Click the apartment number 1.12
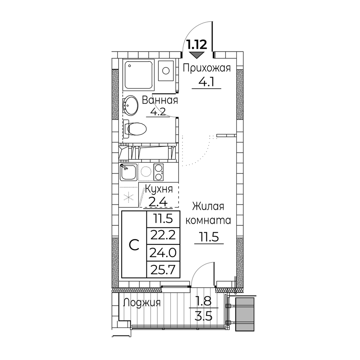197,45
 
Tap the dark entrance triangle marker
197,55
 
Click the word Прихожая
207,69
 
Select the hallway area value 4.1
206,82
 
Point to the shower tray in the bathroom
139,75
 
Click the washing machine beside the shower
166,71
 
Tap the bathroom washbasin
131,105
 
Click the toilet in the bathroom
135,129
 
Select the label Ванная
160,100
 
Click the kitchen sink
129,172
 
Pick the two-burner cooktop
158,172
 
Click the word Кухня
159,189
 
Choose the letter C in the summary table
134,245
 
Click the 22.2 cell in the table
163,235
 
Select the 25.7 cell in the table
163,270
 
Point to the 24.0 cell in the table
163,253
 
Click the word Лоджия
142,303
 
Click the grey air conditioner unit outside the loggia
245,314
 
